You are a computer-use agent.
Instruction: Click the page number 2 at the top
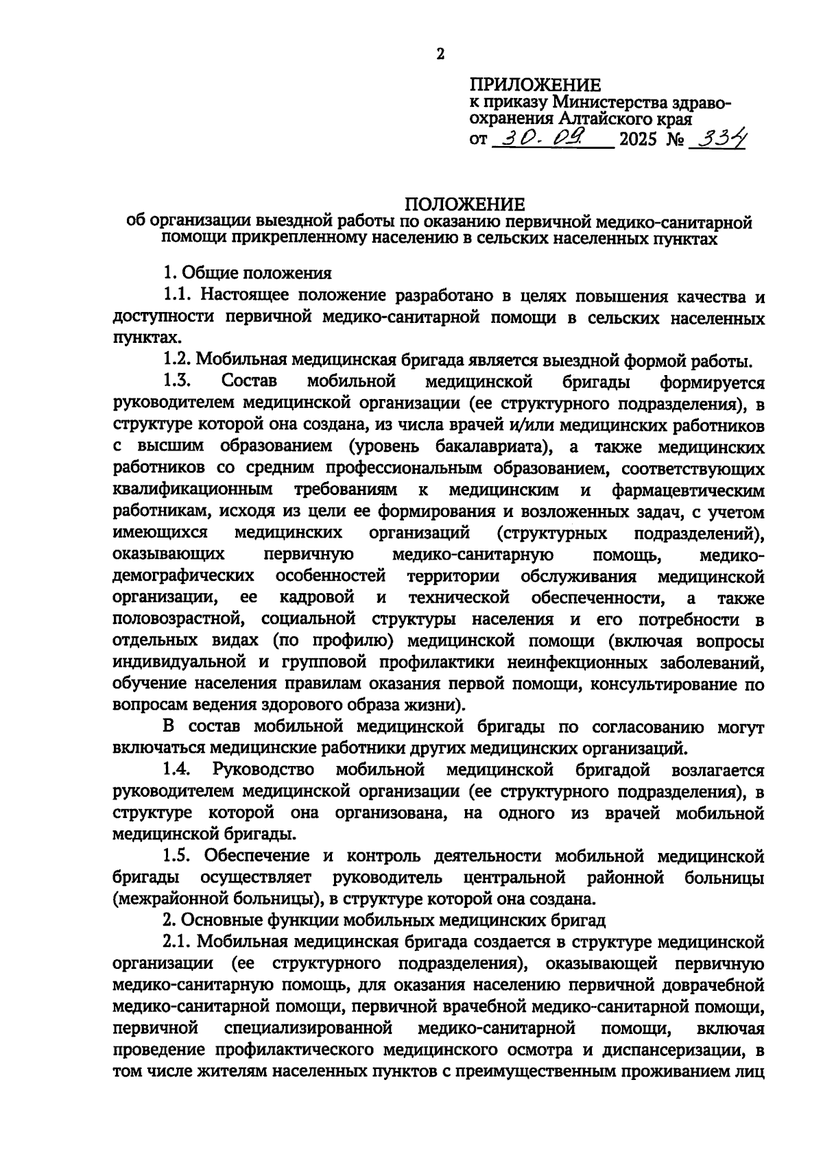pos(440,55)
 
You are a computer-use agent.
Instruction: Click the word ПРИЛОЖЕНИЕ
pos(535,86)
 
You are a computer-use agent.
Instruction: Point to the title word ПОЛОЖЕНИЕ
pos(464,204)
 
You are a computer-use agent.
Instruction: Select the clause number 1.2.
pos(180,359)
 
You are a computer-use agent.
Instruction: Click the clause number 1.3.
pos(180,381)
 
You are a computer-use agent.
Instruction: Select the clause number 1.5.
pos(180,855)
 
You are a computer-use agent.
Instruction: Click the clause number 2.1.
pos(180,941)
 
